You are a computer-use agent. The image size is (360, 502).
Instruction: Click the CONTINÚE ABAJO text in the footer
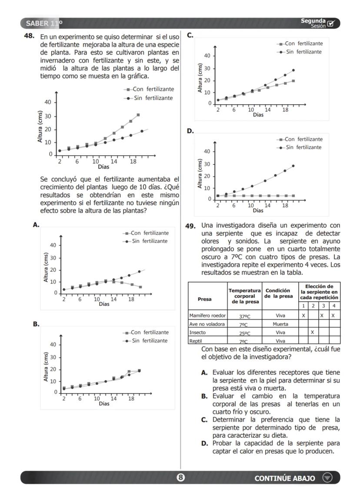pos(285,478)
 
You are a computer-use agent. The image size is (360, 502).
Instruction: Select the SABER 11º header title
pos(44,23)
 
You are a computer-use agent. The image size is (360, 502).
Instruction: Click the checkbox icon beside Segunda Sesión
pos(331,23)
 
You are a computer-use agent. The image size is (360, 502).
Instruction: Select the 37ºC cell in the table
pos(245,316)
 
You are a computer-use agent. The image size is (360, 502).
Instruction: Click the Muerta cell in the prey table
pos(280,324)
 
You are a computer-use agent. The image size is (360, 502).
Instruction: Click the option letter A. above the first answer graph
pos(36,225)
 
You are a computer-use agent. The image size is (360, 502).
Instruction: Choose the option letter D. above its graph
pos(190,130)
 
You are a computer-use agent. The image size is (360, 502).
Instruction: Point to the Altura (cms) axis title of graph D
pos(200,174)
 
